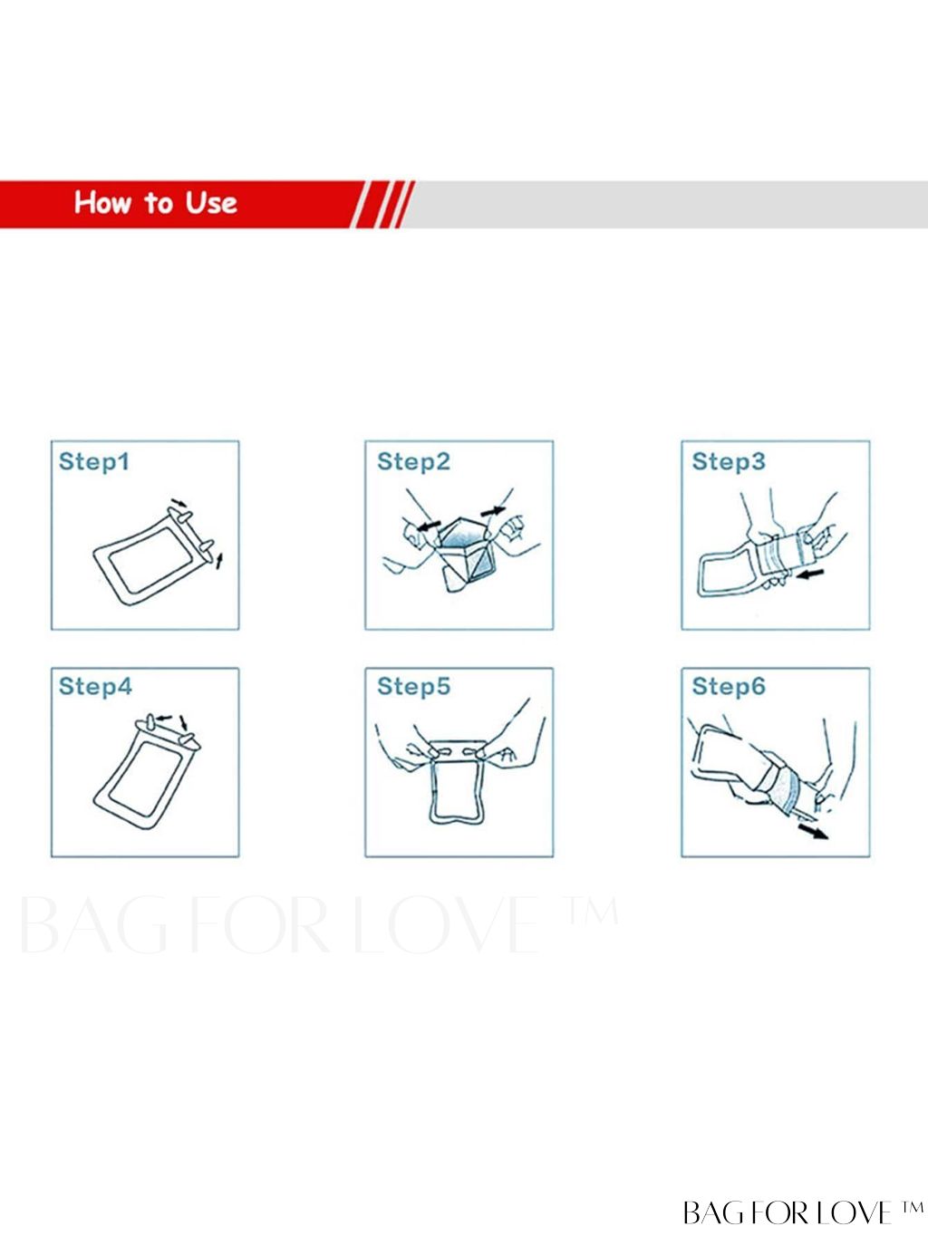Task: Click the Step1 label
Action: tap(94, 462)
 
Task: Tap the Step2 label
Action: tap(413, 462)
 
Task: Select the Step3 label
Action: tap(729, 462)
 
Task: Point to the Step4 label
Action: tap(95, 687)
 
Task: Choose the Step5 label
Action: tap(413, 687)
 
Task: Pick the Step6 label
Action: tap(729, 687)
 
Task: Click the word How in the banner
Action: tap(103, 202)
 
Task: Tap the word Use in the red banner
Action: tap(211, 203)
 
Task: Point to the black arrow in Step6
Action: tap(814, 832)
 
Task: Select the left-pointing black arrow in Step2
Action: tap(428, 525)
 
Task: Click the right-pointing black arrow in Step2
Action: tap(492, 511)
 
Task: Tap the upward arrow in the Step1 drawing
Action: tap(219, 561)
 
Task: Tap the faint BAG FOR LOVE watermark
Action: tap(318, 924)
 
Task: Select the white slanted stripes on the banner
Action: tap(382, 205)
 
